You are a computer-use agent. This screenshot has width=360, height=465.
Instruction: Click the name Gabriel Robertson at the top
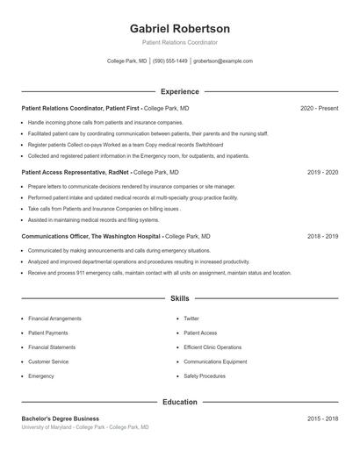pos(179,28)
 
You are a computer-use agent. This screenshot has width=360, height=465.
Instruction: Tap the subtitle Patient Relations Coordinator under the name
pos(179,42)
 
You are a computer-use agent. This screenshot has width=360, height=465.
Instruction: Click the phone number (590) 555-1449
pos(170,61)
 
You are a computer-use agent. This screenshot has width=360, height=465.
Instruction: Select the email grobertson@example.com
pos(223,61)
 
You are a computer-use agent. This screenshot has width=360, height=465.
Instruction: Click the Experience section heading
pos(179,91)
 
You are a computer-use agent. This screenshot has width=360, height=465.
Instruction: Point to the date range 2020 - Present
pos(319,108)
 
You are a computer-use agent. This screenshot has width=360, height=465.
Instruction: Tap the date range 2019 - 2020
pos(322,173)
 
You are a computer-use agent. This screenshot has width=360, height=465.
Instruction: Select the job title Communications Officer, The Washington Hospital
pos(91,237)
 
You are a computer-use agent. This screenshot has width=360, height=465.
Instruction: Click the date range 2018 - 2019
pos(322,237)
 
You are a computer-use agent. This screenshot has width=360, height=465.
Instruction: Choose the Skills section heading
pos(179,299)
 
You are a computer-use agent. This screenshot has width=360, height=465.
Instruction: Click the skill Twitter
pos(191,318)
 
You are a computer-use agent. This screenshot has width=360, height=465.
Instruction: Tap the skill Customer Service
pos(48,361)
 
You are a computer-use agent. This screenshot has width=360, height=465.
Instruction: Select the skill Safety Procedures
pos(205,376)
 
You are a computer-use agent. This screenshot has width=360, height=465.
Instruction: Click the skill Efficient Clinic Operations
pos(212,347)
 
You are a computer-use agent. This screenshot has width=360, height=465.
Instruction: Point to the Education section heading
pos(179,402)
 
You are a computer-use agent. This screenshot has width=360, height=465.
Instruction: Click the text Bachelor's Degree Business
pos(61,418)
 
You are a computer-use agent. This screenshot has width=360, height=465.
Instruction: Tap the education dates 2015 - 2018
pos(322,418)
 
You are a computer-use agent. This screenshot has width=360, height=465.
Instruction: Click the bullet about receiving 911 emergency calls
pos(159,273)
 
